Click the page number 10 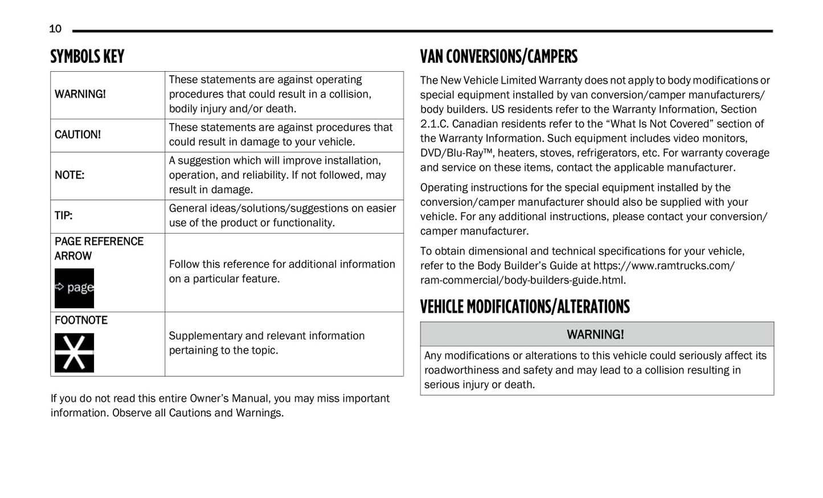pos(55,28)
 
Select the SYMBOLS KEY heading pos(87,56)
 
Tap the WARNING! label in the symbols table pos(80,94)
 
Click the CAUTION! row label pos(77,134)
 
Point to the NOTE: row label pos(69,175)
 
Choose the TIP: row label pos(63,215)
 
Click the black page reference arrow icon pos(74,288)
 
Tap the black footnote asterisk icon pos(74,353)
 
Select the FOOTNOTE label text pos(81,320)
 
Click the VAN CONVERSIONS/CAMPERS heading pos(498,56)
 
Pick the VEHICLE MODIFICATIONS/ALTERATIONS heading pos(525,307)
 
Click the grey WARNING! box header pos(596,334)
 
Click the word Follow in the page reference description pos(185,264)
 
